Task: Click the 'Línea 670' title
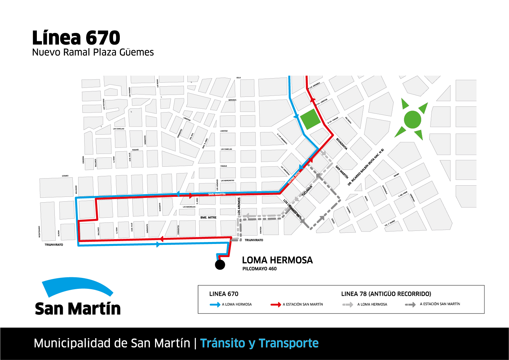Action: (x=76, y=38)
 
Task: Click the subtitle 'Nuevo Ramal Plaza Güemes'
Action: (x=93, y=52)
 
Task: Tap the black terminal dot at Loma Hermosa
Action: (x=220, y=265)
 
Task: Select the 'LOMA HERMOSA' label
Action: (x=277, y=260)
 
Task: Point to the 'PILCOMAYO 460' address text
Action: (x=259, y=269)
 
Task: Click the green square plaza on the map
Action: (x=310, y=119)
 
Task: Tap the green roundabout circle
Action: (x=412, y=120)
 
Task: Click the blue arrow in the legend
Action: (x=215, y=305)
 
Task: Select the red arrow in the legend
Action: (x=275, y=305)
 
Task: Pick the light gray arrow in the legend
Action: (x=348, y=305)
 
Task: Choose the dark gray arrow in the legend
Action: (x=410, y=305)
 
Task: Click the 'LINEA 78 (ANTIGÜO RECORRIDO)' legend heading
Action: (x=386, y=294)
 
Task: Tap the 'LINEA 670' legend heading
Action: (x=224, y=294)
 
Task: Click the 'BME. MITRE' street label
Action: (x=208, y=218)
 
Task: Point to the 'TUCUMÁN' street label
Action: (x=307, y=191)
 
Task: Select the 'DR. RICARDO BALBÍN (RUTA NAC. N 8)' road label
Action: (x=365, y=167)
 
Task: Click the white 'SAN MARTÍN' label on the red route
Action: (x=217, y=194)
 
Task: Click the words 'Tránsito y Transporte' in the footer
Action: (x=259, y=343)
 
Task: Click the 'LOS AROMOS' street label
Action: (x=239, y=206)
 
